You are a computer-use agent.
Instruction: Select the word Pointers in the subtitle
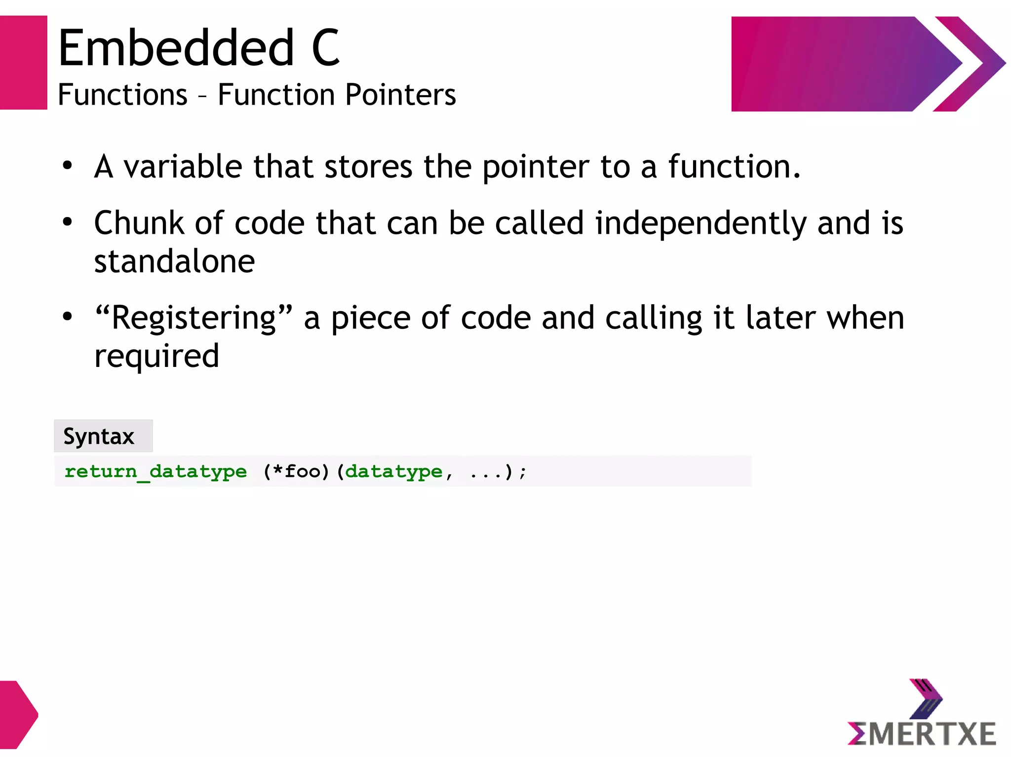coord(400,95)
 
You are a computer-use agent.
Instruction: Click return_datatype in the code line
coord(156,471)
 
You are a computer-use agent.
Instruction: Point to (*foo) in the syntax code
coord(296,471)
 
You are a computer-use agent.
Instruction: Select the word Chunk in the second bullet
coord(139,223)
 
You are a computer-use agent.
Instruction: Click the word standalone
coord(174,261)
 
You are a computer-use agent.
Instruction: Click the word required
coord(156,356)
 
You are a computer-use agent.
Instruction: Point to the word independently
coord(700,223)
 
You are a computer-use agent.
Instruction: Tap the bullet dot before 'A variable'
coord(67,166)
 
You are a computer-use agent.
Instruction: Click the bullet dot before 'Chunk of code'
coord(67,222)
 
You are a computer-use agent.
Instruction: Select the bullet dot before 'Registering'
coord(67,317)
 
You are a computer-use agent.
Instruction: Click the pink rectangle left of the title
coord(23,63)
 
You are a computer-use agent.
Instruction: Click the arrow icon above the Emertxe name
coord(926,698)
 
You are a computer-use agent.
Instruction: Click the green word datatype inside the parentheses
coord(393,471)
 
